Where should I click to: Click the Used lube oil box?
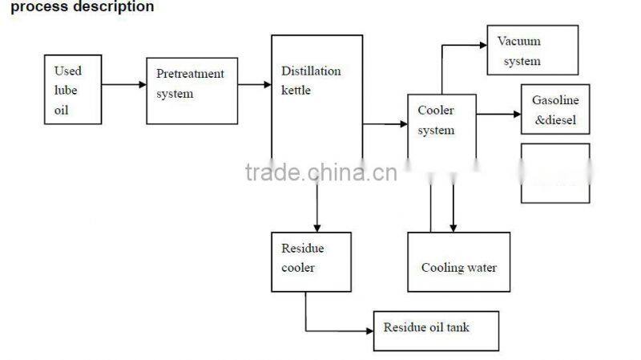coord(73,89)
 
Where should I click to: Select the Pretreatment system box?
coord(191,91)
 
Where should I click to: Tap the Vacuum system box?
coord(532,50)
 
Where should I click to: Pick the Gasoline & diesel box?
coord(555,109)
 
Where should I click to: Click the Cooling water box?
coord(458,262)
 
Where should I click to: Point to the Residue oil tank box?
coord(436,330)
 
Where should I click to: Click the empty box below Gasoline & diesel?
coord(555,172)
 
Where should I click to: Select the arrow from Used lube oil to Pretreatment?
coord(124,83)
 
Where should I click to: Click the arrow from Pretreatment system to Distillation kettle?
coord(255,83)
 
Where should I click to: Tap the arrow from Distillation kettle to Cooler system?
coord(385,124)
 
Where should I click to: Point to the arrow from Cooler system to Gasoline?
coord(499,114)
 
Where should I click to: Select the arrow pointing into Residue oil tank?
coord(341,330)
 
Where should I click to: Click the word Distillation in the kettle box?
coord(310,71)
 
